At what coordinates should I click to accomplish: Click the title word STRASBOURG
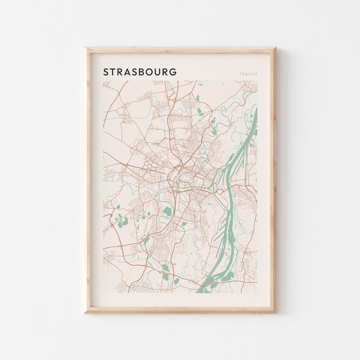140,72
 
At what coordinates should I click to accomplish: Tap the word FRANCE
248,74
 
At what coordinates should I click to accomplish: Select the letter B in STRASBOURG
140,72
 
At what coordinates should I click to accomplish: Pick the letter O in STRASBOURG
148,72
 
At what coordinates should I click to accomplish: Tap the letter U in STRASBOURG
157,72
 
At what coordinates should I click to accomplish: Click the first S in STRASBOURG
106,72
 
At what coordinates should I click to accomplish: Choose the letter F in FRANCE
240,74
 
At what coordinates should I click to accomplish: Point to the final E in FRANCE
256,74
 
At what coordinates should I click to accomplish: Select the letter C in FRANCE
253,74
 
